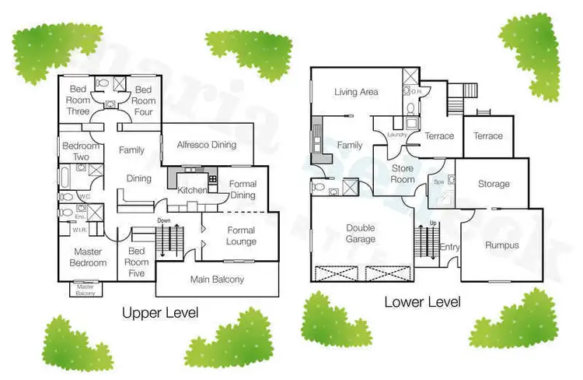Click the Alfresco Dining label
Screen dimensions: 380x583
tap(206, 145)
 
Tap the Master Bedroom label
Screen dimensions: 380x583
tap(89, 257)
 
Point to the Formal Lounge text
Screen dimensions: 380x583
tap(241, 236)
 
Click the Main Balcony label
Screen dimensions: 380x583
tap(217, 280)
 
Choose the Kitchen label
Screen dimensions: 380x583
tap(193, 190)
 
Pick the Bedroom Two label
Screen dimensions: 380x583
tap(80, 151)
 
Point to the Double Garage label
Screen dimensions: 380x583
tap(363, 234)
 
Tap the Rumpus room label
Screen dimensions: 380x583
tap(501, 245)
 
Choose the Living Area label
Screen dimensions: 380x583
tap(356, 92)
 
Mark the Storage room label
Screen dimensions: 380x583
tap(494, 185)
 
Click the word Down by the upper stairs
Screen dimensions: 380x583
tap(163, 221)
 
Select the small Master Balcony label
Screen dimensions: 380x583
tap(86, 289)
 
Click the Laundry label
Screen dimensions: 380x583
tap(397, 135)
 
